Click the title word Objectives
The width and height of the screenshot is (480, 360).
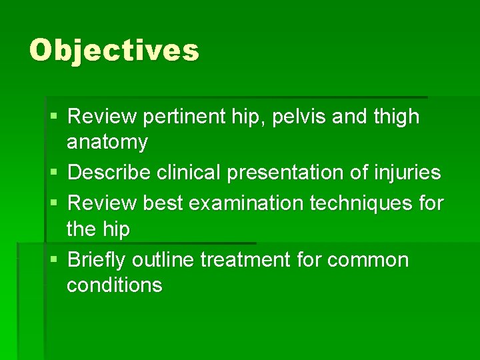coord(114,51)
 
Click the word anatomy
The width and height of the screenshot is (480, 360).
coord(107,142)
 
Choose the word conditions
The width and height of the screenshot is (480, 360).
coord(114,285)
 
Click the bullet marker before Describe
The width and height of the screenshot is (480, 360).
coord(53,173)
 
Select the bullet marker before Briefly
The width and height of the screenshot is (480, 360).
coord(53,259)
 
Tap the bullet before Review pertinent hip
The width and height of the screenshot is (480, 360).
coord(53,117)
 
